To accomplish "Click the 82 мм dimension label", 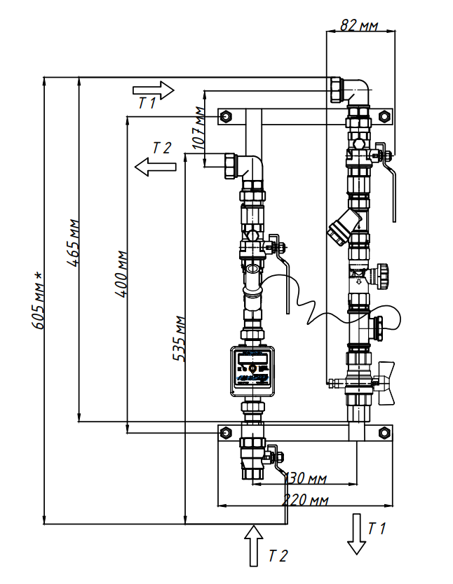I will point(360,26).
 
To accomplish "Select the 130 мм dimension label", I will point(306,479).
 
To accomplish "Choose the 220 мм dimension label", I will point(306,500).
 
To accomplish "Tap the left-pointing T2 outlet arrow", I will point(155,167).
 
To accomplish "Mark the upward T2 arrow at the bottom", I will point(253,545).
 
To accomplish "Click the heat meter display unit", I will point(252,369).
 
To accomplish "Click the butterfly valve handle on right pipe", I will point(385,382).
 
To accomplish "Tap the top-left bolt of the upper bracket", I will point(225,116).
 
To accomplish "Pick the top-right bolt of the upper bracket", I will point(384,116).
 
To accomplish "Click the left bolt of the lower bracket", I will point(225,432).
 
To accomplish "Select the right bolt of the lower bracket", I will point(384,432).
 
